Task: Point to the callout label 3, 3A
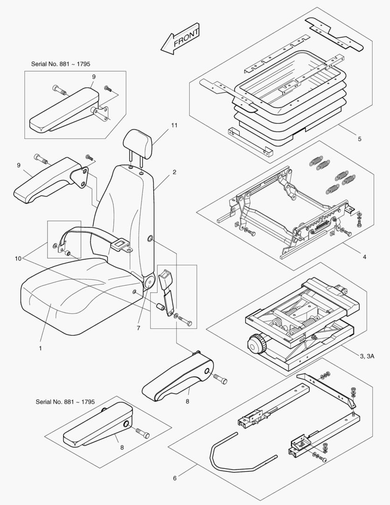coord(367,356)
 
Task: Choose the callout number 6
coord(175,478)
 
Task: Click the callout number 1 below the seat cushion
coord(40,348)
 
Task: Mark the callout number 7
coord(138,328)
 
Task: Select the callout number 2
coord(174,172)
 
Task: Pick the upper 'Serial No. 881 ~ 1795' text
coord(60,64)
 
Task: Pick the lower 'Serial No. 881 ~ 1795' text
coord(65,402)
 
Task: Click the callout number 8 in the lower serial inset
coord(122,447)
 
